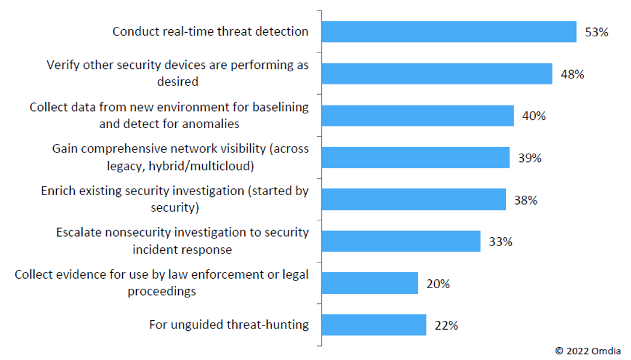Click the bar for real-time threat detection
coord(449,32)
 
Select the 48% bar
coord(436,74)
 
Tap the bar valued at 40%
coord(417,116)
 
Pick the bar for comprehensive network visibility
coord(415,157)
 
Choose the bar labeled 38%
coord(413,199)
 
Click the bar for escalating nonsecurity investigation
coord(400,241)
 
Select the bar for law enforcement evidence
coord(369,283)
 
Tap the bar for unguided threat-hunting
coord(373,325)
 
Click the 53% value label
coord(597,32)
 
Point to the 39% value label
coord(529,158)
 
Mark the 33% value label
coord(500,241)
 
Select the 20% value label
coord(438,284)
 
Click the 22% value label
coord(446,326)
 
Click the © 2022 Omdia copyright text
coord(589,351)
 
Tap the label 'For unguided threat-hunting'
coord(228,324)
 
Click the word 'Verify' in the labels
coord(63,65)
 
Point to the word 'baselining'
coord(279,107)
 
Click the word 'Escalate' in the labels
coord(79,233)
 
